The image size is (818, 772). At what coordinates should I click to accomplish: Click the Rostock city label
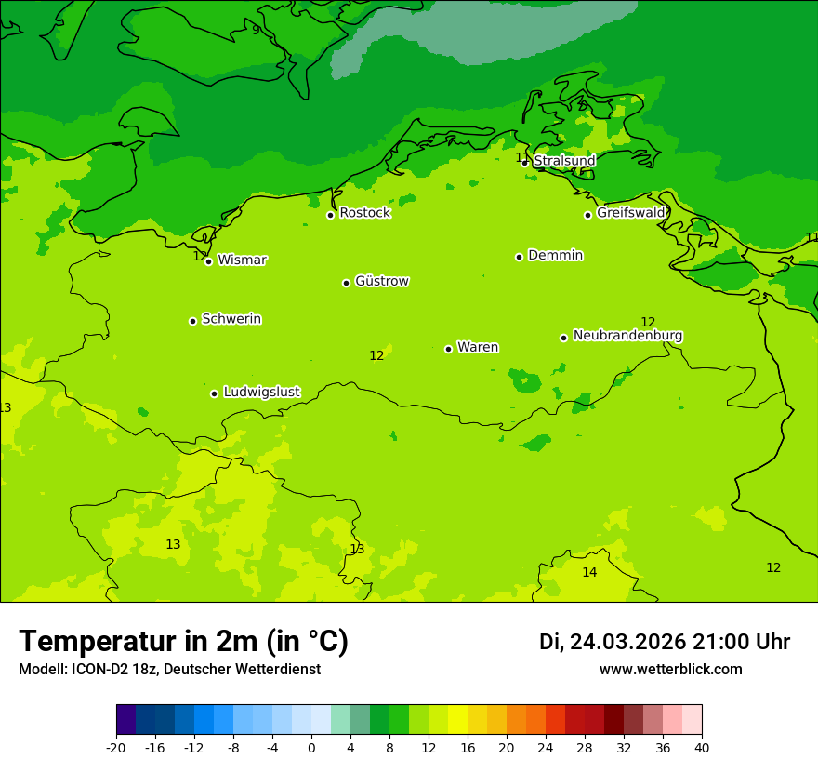(x=364, y=213)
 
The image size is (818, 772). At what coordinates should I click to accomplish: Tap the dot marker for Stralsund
(x=524, y=163)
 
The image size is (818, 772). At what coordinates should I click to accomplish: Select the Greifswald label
(x=631, y=213)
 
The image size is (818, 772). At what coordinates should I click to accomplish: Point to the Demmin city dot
(x=519, y=257)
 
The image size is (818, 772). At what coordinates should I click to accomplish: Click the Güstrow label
(x=381, y=281)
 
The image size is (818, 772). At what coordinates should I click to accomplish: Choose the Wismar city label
(x=242, y=260)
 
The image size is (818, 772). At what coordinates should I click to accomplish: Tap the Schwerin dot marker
(x=192, y=321)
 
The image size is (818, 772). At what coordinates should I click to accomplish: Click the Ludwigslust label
(x=261, y=393)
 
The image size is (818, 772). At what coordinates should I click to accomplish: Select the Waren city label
(x=478, y=347)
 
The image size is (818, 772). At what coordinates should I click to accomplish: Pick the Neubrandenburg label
(x=627, y=336)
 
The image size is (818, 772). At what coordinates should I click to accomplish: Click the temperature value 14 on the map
(x=589, y=572)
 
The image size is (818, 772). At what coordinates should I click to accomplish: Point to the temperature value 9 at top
(x=256, y=30)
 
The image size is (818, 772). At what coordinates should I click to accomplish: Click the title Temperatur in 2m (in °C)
(x=183, y=641)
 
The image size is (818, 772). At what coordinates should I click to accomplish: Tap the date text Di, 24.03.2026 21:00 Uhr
(x=665, y=642)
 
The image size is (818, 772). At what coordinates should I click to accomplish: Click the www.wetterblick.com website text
(x=670, y=670)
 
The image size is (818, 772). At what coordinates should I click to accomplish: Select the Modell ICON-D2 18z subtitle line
(x=169, y=670)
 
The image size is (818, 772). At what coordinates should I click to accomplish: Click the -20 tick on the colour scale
(x=116, y=748)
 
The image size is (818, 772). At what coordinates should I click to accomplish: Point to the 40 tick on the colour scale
(x=702, y=748)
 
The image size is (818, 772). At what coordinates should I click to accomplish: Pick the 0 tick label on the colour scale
(x=311, y=748)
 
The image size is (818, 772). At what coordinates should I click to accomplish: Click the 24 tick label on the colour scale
(x=546, y=748)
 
